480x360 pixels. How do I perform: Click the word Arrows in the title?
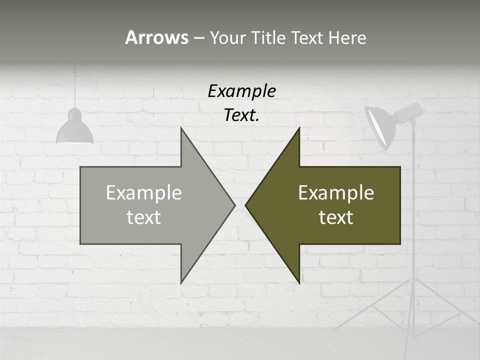click(x=156, y=37)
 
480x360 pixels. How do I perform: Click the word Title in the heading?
click(x=268, y=37)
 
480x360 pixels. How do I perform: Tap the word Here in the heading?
click(x=347, y=37)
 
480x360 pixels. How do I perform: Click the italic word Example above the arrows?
click(x=241, y=91)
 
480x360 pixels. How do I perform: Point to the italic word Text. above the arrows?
click(x=241, y=115)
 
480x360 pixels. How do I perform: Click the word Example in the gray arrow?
click(x=143, y=192)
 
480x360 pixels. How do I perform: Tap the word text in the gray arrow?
click(x=143, y=217)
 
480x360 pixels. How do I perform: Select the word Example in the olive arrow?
click(x=336, y=192)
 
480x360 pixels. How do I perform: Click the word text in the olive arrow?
click(x=336, y=217)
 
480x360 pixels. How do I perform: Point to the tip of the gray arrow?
click(x=234, y=204)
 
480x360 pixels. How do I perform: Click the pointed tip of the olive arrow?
click(x=246, y=204)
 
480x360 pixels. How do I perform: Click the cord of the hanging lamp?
click(x=75, y=85)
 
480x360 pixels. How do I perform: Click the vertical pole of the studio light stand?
click(x=413, y=225)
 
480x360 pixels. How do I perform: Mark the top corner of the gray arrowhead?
click(x=181, y=128)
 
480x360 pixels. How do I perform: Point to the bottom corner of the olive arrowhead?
click(x=299, y=282)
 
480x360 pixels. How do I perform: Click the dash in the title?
click(x=198, y=38)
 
